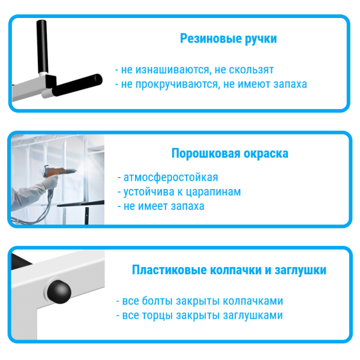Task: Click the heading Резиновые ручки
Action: point(228,39)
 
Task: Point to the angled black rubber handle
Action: point(77,84)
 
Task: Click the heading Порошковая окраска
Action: point(230,153)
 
